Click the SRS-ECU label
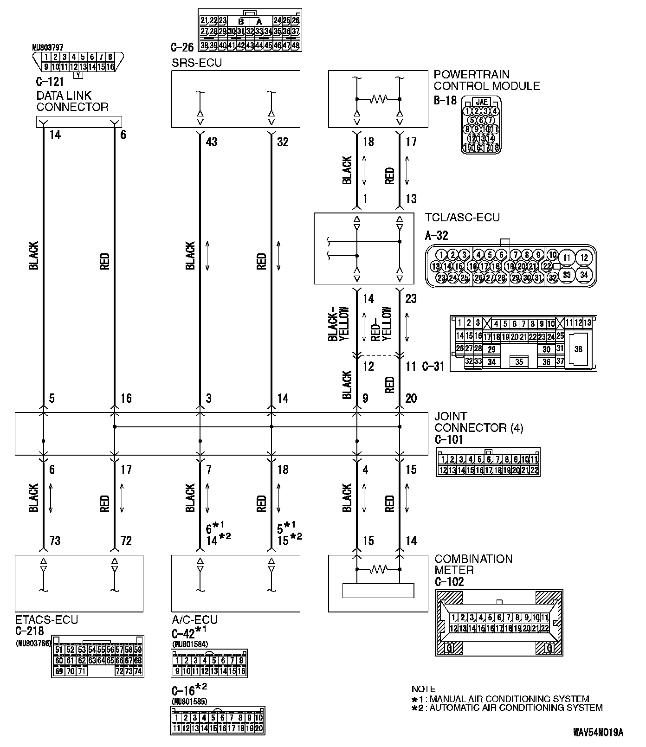tap(197, 63)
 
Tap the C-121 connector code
tap(50, 83)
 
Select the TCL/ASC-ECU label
tap(462, 217)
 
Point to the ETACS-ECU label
tap(46, 619)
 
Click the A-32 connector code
tap(437, 235)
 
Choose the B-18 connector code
tap(445, 100)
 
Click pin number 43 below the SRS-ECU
tap(211, 142)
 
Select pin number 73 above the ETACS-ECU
tap(55, 541)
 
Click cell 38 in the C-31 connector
tap(578, 349)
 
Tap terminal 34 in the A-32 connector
tap(584, 275)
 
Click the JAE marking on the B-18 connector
tap(482, 102)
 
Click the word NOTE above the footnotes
tap(423, 689)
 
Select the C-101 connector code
tap(449, 439)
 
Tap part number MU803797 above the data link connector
tap(48, 47)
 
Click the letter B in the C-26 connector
tap(241, 21)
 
